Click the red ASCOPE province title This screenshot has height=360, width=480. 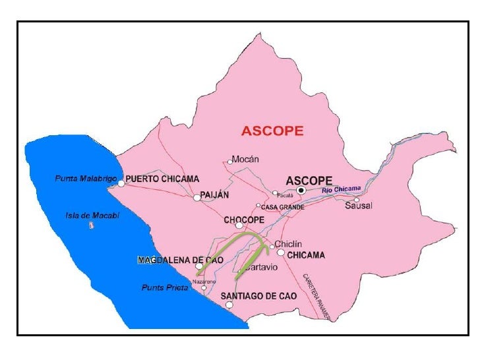coord(272,131)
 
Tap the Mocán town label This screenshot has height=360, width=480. coord(247,159)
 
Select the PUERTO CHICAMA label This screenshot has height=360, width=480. coord(162,179)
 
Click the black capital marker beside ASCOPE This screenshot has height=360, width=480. coord(301,190)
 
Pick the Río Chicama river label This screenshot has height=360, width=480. coord(342,189)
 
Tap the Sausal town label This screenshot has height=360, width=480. coord(359,206)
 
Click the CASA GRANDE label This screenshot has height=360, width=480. coord(283,207)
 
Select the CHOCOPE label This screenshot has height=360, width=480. coord(244,220)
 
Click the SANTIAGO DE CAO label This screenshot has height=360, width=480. coord(258,295)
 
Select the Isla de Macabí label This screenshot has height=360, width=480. coord(92,215)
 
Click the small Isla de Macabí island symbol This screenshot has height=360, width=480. coord(91,225)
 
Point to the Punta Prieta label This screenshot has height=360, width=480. coord(165,287)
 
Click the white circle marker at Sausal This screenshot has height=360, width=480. coord(357,199)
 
